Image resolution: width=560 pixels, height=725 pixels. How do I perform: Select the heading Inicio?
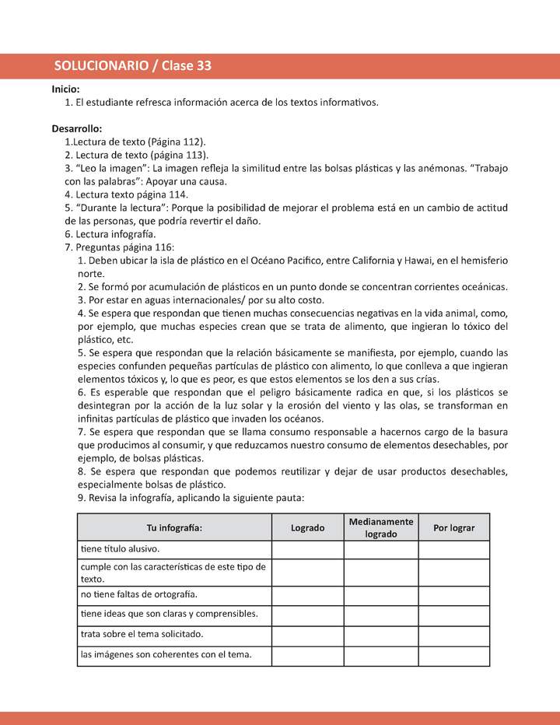point(66,89)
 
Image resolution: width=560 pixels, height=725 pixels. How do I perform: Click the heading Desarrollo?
point(77,128)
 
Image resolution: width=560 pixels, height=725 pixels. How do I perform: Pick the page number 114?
point(177,194)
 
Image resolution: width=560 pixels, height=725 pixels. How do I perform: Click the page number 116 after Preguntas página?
point(149,247)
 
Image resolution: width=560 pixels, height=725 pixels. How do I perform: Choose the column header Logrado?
point(307,527)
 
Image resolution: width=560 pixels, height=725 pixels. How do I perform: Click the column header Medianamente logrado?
point(381,527)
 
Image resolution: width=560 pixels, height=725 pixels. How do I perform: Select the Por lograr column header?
point(453,527)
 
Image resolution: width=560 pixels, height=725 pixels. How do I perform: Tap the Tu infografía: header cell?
point(174,527)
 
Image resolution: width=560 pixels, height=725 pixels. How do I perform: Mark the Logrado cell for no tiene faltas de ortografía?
point(307,595)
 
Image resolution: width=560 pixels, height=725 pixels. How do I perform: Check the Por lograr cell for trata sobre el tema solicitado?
point(453,635)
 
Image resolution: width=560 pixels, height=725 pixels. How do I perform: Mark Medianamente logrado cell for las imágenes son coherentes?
point(381,655)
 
